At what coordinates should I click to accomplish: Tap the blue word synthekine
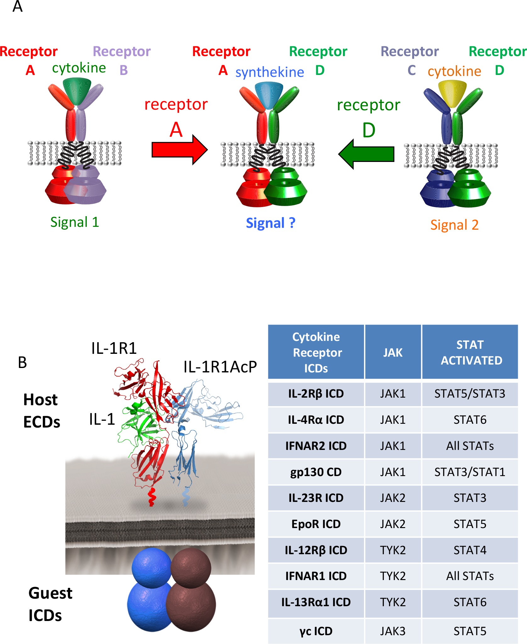coord(270,72)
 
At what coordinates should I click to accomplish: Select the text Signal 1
coord(75,222)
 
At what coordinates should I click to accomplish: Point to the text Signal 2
coord(454,225)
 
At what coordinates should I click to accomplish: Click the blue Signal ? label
coord(271,223)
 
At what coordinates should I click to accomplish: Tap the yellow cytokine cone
coord(452,93)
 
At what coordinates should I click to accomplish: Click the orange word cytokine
coord(454,71)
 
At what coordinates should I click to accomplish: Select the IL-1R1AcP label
coord(220,367)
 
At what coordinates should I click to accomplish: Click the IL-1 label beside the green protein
coord(102,419)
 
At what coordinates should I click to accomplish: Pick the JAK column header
coord(393,352)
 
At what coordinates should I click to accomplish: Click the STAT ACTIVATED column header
coord(470,352)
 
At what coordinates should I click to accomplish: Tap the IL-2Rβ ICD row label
coord(316,394)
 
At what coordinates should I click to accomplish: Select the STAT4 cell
coord(470,550)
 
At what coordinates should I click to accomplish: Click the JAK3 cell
coord(393,631)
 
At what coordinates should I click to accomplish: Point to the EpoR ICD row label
coord(316,524)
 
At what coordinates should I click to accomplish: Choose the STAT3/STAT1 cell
coord(470,472)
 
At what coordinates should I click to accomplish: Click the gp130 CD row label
coord(316,472)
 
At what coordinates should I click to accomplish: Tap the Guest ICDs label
coord(50,604)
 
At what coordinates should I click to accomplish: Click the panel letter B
coord(22,363)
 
